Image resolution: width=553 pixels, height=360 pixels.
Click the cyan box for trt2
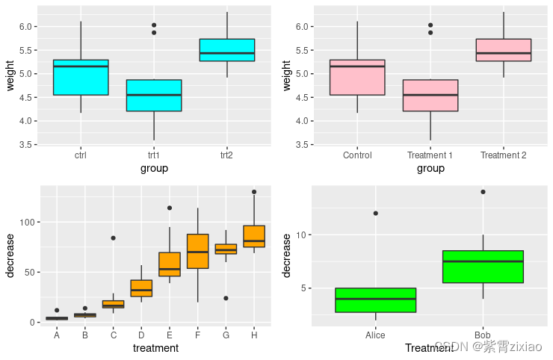[226, 50]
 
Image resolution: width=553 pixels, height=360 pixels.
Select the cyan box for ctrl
[81, 78]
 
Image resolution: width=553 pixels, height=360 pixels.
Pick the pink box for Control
[357, 78]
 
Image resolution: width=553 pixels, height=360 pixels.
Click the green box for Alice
[375, 300]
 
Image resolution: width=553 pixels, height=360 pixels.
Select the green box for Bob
[483, 267]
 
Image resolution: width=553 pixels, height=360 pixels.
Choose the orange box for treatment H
[254, 236]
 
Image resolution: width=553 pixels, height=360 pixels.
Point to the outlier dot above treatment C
[114, 238]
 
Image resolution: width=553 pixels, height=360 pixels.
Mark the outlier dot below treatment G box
[226, 298]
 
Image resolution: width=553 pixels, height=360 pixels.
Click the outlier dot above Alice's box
[375, 214]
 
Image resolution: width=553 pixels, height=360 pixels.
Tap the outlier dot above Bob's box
[483, 192]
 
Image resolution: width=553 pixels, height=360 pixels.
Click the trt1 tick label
[154, 155]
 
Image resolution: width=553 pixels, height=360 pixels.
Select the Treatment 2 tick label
[503, 155]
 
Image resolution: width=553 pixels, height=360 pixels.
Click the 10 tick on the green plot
[301, 235]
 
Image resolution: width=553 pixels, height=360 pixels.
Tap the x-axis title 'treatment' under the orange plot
[155, 348]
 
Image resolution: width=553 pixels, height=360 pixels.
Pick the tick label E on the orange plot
[170, 335]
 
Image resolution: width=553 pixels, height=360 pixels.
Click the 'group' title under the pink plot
[430, 168]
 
